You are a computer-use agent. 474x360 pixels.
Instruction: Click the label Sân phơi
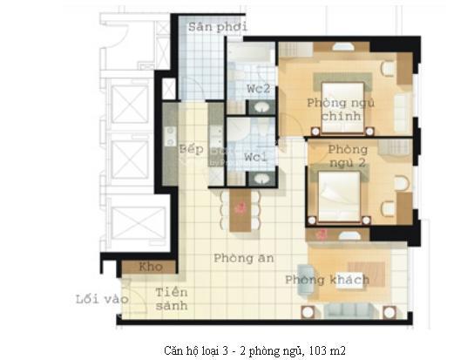(x=218, y=27)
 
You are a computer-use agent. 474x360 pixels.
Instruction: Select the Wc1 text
(x=254, y=158)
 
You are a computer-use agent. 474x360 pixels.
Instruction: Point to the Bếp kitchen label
(x=192, y=149)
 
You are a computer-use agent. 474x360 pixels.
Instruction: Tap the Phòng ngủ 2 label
(x=348, y=156)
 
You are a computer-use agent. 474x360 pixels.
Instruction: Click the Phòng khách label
(x=327, y=280)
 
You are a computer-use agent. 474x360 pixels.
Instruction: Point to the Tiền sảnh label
(x=172, y=299)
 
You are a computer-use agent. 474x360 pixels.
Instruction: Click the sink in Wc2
(x=261, y=107)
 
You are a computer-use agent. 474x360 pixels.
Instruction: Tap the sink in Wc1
(x=261, y=179)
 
